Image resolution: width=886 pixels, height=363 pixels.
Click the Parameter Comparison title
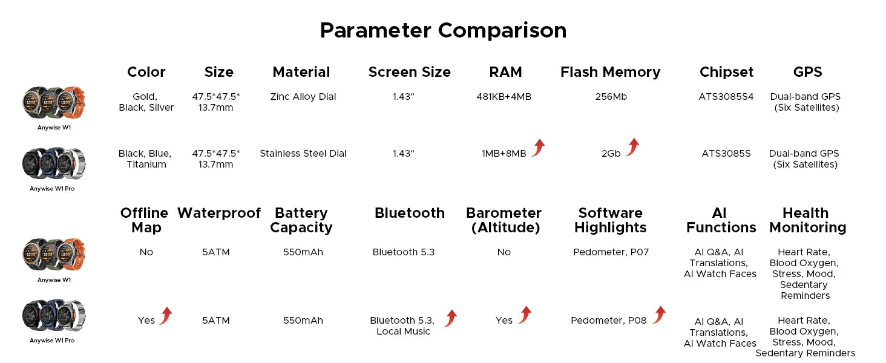(x=443, y=30)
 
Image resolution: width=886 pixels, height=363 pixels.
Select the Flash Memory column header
(x=610, y=73)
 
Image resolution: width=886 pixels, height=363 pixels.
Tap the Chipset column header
(x=726, y=73)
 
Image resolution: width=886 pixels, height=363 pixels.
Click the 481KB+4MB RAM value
(x=504, y=97)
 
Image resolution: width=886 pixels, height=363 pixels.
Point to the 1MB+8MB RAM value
(x=504, y=154)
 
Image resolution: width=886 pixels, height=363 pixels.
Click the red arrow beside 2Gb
(x=633, y=147)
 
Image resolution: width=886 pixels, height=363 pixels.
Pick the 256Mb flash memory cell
(x=611, y=97)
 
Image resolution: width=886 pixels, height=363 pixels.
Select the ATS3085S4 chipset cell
(x=726, y=97)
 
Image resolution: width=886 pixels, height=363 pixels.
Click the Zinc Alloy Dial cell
(x=303, y=97)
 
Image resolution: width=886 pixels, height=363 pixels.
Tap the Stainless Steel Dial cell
(x=303, y=154)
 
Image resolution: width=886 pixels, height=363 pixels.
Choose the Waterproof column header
(x=218, y=213)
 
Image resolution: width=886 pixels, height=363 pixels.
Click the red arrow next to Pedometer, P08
(x=660, y=315)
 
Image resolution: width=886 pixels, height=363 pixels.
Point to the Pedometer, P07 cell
(x=611, y=252)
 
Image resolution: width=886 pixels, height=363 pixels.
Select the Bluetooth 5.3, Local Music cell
(x=402, y=326)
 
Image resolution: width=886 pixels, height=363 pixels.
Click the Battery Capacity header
(x=301, y=220)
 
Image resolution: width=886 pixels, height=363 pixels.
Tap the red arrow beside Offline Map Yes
(x=166, y=316)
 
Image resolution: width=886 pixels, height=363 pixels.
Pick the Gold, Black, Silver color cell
(x=146, y=102)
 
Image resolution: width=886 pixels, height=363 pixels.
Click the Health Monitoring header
(x=807, y=220)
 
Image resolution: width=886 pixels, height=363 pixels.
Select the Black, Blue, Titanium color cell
(x=145, y=159)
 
